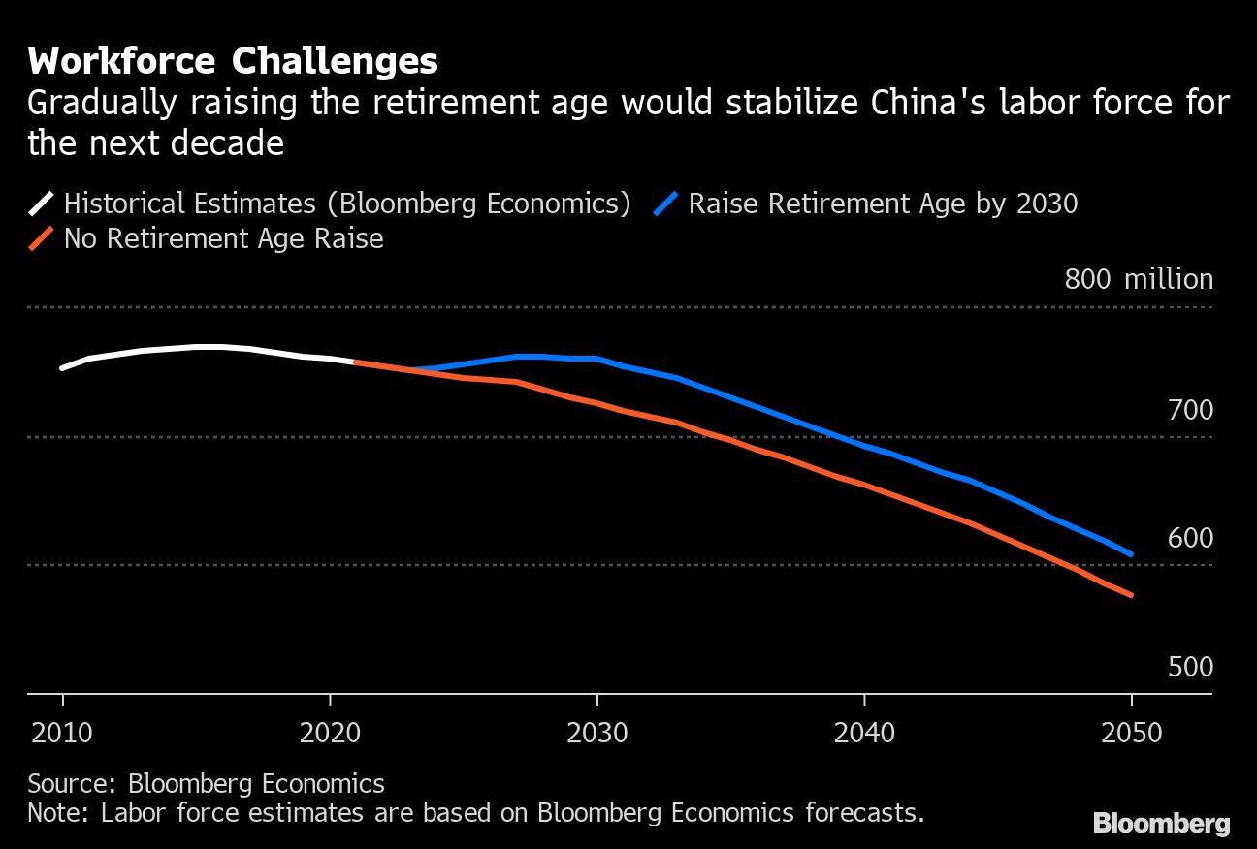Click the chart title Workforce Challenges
click(233, 61)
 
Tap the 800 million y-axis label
click(1139, 279)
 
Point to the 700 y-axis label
click(1190, 410)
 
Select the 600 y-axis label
click(1190, 538)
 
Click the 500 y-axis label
click(1190, 667)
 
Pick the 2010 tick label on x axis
click(63, 732)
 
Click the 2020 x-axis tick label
click(330, 732)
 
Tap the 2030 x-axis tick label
click(596, 732)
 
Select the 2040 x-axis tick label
click(864, 732)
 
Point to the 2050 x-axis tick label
click(1131, 732)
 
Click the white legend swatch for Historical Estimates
click(42, 204)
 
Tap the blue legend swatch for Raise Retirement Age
click(666, 204)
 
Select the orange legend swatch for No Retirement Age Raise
click(42, 238)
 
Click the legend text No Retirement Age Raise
click(223, 238)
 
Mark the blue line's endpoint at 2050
click(1131, 554)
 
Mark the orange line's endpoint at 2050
click(1131, 595)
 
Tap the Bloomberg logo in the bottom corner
click(1161, 824)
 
